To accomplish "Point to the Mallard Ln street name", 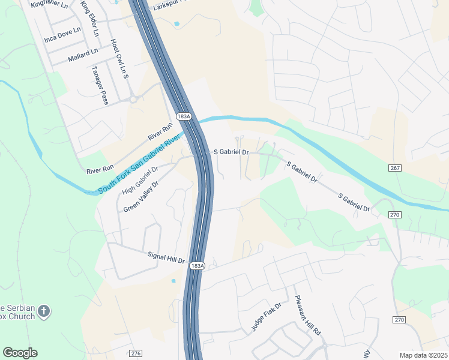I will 83,53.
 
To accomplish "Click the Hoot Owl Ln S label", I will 119,59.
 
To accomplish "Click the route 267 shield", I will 394,169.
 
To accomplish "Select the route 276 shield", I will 136,353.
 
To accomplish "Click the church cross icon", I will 43,311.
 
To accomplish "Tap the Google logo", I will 20,353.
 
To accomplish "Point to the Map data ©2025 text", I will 423,355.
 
